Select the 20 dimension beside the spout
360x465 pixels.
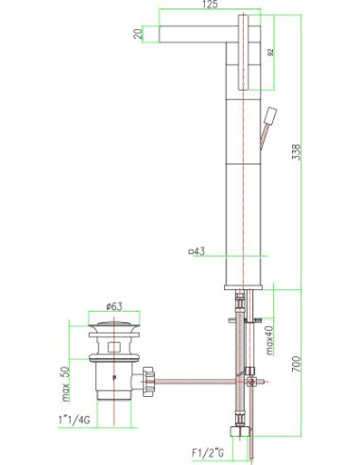pyautogui.click(x=139, y=35)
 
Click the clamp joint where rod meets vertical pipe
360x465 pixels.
pyautogui.click(x=249, y=375)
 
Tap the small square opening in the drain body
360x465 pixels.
pyautogui.click(x=112, y=348)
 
